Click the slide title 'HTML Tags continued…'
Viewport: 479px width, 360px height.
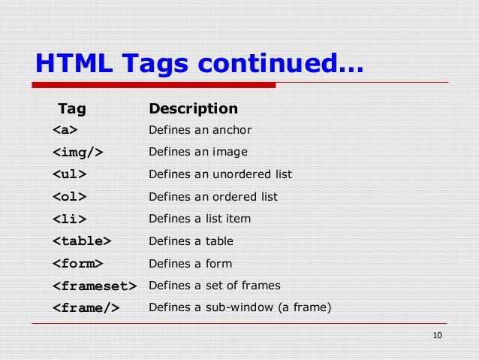199,64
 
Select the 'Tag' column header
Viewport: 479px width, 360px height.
72,109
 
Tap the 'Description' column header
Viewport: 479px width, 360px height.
193,109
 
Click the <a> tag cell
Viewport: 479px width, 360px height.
65,131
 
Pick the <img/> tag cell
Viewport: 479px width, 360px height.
77,153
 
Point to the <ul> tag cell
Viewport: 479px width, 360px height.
69,174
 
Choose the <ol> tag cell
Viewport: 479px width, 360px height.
69,197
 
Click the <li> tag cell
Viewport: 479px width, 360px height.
69,219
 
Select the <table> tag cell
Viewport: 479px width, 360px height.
82,241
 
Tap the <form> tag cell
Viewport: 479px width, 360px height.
77,264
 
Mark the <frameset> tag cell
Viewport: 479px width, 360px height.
95,286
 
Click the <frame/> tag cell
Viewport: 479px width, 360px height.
86,307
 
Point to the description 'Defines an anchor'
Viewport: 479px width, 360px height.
200,131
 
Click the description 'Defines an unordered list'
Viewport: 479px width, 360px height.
220,174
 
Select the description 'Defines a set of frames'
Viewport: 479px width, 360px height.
214,286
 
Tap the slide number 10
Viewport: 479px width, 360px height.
438,335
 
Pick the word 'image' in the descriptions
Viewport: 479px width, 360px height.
230,153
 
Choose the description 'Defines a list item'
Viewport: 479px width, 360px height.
200,219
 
